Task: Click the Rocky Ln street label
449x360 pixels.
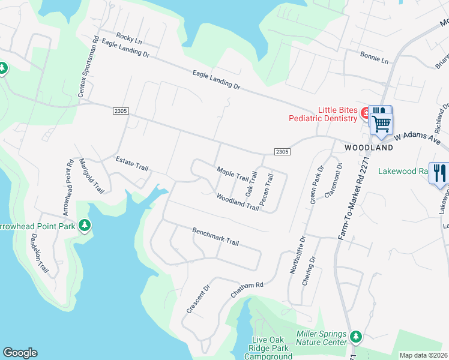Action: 129,38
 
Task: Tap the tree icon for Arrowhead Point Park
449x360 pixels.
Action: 85,225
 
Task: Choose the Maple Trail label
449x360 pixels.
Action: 232,175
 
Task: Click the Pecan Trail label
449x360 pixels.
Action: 267,188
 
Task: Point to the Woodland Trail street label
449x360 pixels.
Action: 238,202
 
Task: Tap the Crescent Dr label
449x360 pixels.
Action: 198,298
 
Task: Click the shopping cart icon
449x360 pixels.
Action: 381,124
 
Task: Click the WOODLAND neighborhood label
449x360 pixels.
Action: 369,148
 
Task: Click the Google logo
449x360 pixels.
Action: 20,353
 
